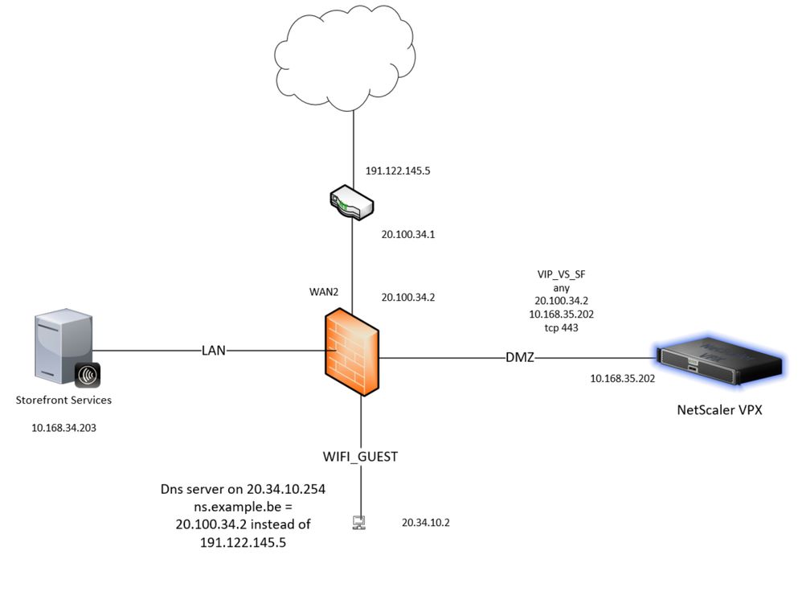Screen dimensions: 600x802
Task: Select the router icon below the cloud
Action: click(352, 203)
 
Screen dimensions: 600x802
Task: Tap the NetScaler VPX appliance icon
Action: click(718, 366)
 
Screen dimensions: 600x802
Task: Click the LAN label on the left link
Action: click(215, 350)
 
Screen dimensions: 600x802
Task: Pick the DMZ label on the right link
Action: click(519, 356)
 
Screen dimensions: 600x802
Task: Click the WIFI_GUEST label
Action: click(360, 456)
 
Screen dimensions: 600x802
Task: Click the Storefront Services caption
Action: click(63, 400)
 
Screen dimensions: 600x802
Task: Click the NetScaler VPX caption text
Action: click(718, 410)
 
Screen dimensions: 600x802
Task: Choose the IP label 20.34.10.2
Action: click(426, 523)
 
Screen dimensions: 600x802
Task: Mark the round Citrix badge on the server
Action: click(87, 375)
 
